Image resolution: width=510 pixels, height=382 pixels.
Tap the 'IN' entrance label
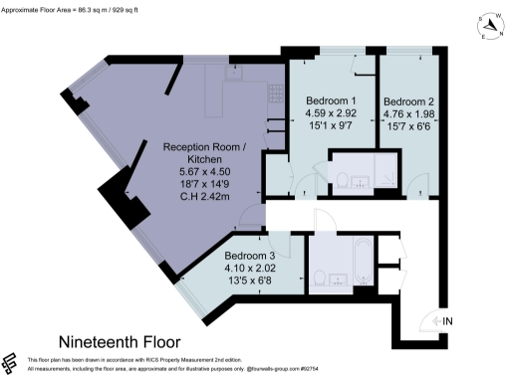(446, 320)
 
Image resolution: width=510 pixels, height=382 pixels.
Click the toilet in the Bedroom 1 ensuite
(343, 180)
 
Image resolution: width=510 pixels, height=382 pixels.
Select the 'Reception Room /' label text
(202, 146)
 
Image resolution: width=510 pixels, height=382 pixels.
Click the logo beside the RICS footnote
(12, 362)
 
